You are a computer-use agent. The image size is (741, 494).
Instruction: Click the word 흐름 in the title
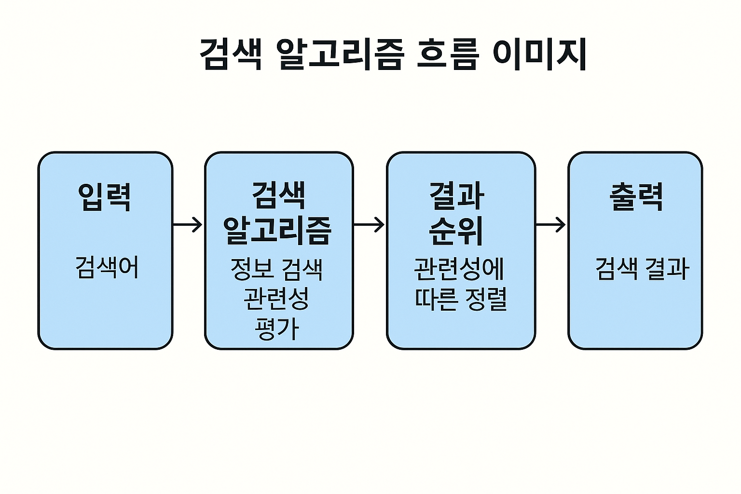pyautogui.click(x=447, y=54)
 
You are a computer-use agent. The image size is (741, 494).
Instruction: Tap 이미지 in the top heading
pyautogui.click(x=539, y=54)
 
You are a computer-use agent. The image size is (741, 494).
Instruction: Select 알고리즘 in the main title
pyautogui.click(x=340, y=54)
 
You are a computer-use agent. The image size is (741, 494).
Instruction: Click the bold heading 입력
pyautogui.click(x=105, y=197)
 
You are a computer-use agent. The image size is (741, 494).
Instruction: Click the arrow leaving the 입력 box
pyautogui.click(x=188, y=224)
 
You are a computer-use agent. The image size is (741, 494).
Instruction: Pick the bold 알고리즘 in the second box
pyautogui.click(x=278, y=230)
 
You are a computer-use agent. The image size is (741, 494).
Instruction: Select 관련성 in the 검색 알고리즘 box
pyautogui.click(x=276, y=299)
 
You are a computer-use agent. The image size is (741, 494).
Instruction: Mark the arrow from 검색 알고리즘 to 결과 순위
pyautogui.click(x=369, y=224)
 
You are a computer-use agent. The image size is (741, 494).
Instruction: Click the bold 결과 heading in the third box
pyautogui.click(x=456, y=196)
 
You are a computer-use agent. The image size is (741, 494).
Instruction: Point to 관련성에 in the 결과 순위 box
pyautogui.click(x=459, y=269)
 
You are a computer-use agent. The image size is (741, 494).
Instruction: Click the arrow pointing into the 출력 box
pyautogui.click(x=550, y=224)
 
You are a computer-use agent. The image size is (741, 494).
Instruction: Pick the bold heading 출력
pyautogui.click(x=636, y=197)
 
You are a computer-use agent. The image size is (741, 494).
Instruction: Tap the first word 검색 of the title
pyautogui.click(x=231, y=54)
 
